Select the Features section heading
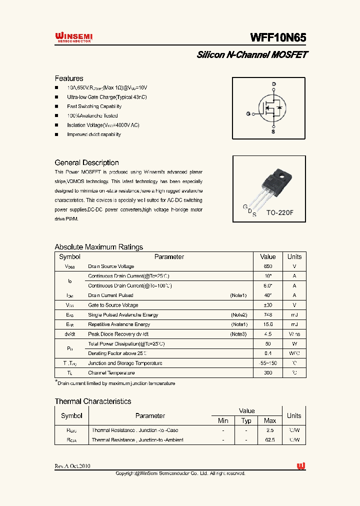[x=69, y=78]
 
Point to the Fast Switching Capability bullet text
[x=94, y=106]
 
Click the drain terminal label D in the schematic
[x=273, y=84]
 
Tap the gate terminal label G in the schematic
[x=248, y=114]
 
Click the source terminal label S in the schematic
[x=273, y=132]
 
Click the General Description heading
[x=86, y=162]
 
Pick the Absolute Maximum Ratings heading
[x=98, y=247]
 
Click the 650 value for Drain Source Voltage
[x=268, y=266]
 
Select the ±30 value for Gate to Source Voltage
[x=268, y=305]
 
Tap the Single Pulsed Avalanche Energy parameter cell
[x=123, y=315]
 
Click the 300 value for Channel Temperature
[x=268, y=373]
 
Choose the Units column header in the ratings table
[x=294, y=256]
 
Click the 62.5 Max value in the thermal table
[x=270, y=440]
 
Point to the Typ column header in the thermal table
[x=246, y=420]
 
